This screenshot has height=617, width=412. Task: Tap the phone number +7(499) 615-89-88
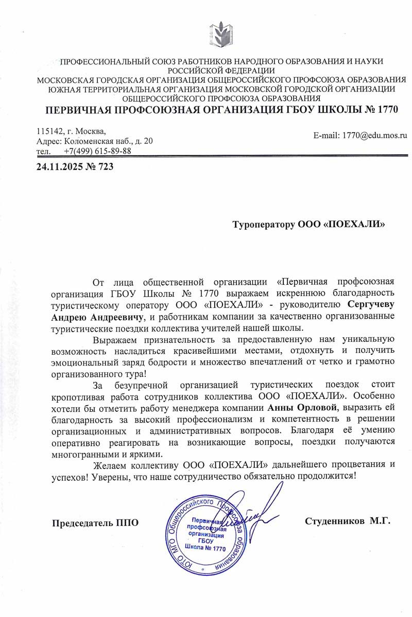click(98, 151)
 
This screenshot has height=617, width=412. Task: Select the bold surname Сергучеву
click(370, 304)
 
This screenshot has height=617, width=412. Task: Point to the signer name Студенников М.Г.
click(348, 521)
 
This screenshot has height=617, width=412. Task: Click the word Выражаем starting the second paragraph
click(116, 340)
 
